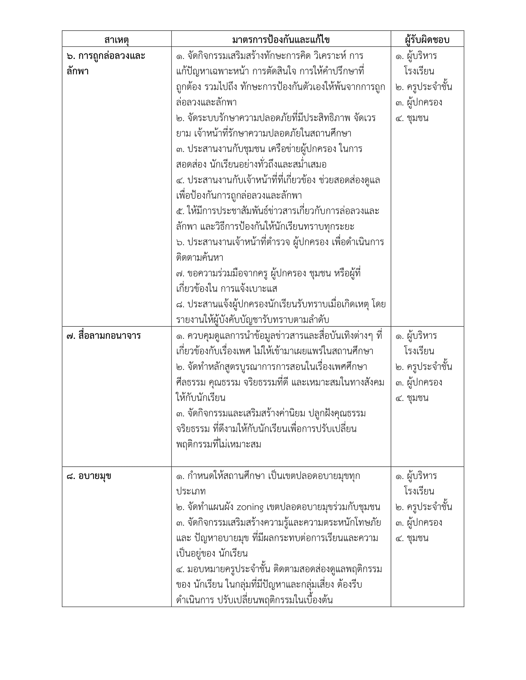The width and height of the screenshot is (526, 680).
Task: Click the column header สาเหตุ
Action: (x=117, y=40)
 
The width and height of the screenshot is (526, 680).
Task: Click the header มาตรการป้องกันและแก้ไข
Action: (x=281, y=40)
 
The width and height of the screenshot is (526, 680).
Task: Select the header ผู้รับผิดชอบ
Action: (x=427, y=40)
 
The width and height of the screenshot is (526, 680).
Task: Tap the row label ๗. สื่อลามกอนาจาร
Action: (x=103, y=336)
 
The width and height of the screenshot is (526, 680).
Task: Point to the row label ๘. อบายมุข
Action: (x=89, y=476)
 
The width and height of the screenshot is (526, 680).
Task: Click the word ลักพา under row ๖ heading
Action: (x=78, y=71)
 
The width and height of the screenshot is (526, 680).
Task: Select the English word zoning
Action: (x=250, y=507)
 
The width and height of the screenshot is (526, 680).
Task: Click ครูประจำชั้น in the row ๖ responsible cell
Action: (x=429, y=87)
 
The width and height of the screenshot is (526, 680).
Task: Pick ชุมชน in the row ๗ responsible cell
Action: (x=418, y=398)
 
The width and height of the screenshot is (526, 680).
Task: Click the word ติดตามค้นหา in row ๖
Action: (x=200, y=258)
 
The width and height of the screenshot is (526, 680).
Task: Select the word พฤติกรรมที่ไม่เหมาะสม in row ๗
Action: (x=218, y=444)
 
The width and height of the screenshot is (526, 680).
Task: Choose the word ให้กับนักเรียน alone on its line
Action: (x=201, y=398)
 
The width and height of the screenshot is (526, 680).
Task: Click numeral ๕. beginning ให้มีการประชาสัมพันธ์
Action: (x=180, y=211)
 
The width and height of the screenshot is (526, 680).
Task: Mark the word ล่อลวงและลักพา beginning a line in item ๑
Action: (x=206, y=102)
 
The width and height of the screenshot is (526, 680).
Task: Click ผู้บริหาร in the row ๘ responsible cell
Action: (x=422, y=476)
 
